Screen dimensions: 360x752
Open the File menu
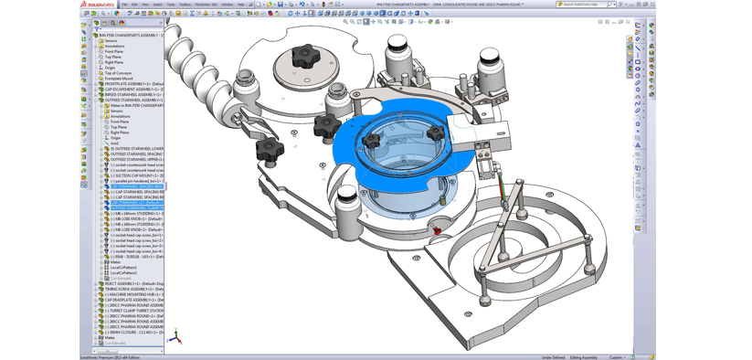[125, 4]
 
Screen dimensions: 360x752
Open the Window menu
[226, 4]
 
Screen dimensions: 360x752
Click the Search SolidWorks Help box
[585, 4]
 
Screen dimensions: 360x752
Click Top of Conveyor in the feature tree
[118, 73]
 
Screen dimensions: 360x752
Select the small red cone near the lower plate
[437, 230]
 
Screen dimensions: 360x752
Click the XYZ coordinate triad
[175, 337]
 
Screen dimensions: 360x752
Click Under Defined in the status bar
[553, 357]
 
